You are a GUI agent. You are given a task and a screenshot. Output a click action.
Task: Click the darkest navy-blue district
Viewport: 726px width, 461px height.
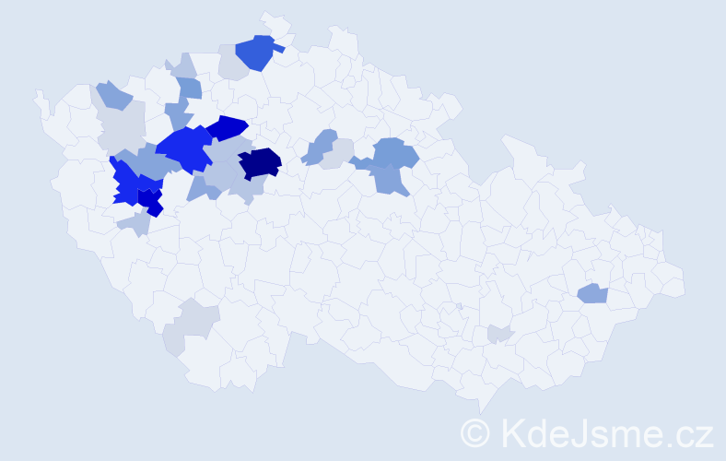[260, 162]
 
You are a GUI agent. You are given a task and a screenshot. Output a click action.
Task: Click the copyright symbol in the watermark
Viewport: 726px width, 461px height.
[475, 432]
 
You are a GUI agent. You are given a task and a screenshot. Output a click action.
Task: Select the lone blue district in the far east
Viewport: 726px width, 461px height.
[592, 293]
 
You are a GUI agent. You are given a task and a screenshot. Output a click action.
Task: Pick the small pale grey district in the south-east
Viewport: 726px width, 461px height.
[498, 335]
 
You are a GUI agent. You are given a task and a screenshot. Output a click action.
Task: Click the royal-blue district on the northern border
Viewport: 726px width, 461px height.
[256, 53]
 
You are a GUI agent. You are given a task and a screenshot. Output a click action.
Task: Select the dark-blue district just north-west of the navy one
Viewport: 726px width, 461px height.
[226, 127]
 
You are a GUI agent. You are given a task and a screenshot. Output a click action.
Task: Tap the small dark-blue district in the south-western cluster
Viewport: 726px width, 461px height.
[151, 201]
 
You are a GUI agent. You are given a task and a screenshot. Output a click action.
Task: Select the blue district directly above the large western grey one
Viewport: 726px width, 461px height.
[113, 94]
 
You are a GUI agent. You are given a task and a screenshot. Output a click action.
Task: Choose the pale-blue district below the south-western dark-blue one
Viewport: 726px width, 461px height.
[135, 223]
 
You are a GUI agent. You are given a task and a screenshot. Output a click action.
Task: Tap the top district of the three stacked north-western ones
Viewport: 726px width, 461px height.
[183, 65]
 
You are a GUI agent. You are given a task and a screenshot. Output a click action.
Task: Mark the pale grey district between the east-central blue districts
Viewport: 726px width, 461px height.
[339, 151]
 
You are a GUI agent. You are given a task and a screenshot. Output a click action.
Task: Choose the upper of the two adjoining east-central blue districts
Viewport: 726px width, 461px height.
[395, 151]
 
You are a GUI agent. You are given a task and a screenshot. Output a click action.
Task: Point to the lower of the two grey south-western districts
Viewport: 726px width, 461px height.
[173, 342]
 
